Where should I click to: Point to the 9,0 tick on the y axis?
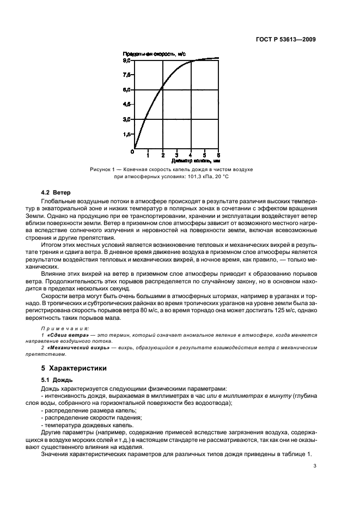click(x=126, y=60)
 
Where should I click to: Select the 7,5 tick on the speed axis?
click(x=126, y=75)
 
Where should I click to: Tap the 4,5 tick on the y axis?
click(x=126, y=104)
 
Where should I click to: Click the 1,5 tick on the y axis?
click(x=126, y=133)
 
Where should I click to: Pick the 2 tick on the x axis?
click(x=162, y=155)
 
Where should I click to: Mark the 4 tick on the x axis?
click(x=191, y=155)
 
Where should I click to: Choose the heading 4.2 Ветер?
click(x=57, y=193)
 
